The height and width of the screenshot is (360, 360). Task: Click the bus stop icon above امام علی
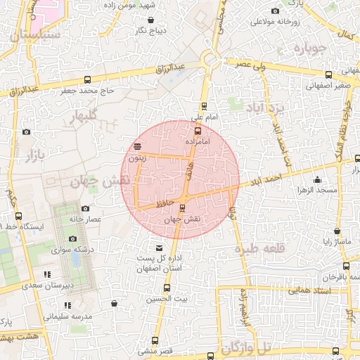(x=205, y=106)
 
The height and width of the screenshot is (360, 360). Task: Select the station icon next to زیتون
(x=137, y=147)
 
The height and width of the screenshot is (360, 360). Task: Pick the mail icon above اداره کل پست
(x=159, y=247)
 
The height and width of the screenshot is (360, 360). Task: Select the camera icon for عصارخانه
(x=85, y=208)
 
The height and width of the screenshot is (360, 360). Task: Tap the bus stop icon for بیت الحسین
(x=167, y=288)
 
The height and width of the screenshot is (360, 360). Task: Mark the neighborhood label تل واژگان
(x=245, y=347)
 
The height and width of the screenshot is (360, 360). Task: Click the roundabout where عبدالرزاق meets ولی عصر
(x=209, y=61)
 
